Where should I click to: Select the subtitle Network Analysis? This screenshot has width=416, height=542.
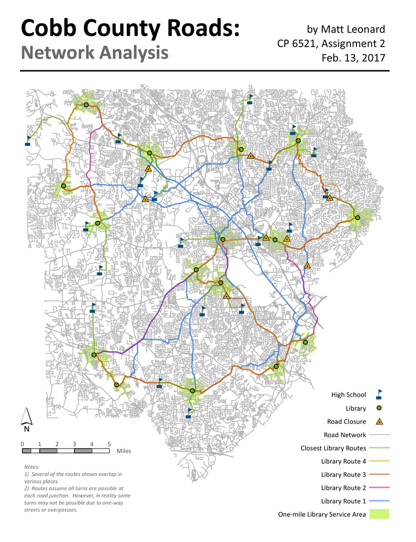[94, 53]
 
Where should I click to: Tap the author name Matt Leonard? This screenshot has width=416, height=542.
[354, 30]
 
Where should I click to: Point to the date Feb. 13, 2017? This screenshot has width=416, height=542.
[353, 58]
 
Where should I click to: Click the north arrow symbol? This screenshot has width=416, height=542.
[27, 419]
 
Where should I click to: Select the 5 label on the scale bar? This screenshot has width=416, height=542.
[109, 444]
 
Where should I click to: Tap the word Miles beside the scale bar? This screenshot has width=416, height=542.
[124, 451]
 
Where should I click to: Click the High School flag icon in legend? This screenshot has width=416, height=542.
[379, 394]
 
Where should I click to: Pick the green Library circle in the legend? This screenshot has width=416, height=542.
[379, 408]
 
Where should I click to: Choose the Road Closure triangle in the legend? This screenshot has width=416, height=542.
[379, 422]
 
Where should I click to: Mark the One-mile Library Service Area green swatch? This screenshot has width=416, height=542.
[379, 514]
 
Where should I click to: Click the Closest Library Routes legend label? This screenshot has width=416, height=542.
[333, 448]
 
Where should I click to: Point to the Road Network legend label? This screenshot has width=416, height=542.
[345, 435]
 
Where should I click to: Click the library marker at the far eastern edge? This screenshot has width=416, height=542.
[357, 218]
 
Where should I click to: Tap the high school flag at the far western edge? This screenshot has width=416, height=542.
[28, 141]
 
